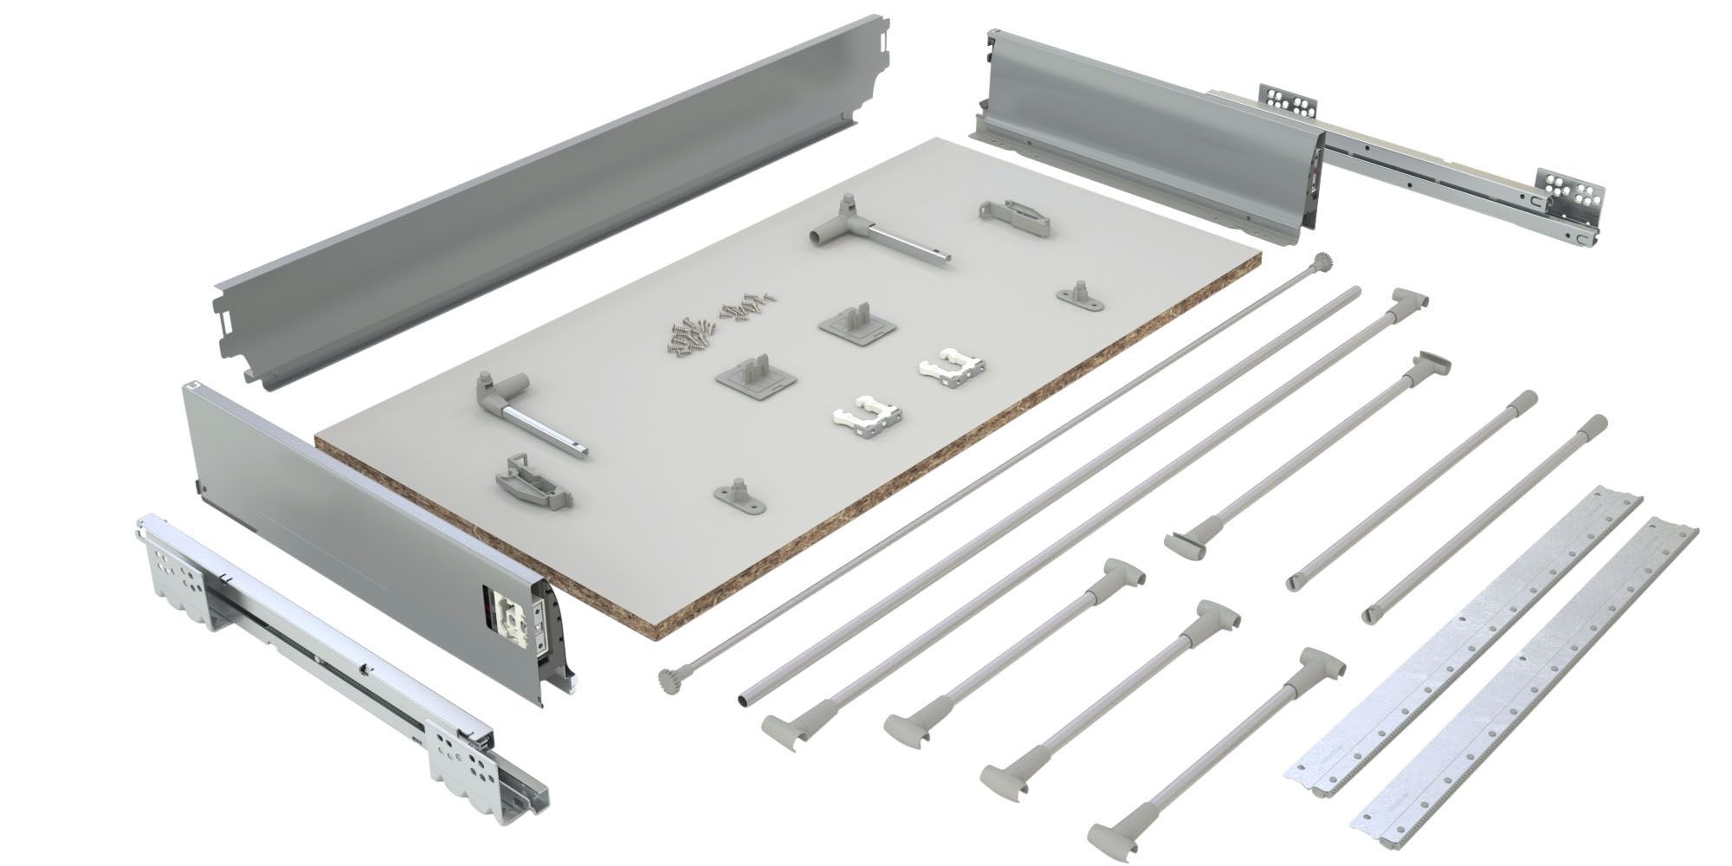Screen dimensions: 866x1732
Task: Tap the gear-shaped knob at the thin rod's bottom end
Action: coord(667,676)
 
